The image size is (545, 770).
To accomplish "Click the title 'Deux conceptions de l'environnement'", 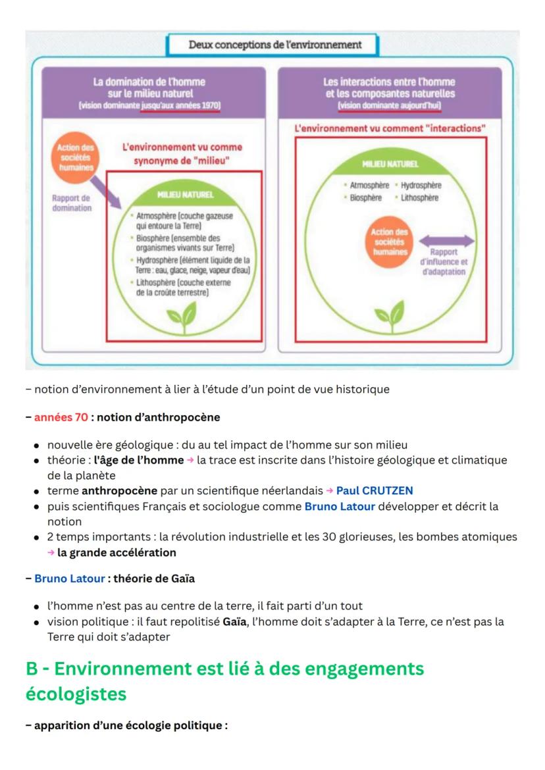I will [x=274, y=45].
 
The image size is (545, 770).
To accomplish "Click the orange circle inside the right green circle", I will [x=390, y=243].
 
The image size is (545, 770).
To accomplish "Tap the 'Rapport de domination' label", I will [x=72, y=203].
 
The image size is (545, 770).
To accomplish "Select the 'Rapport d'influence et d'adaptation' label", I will [x=445, y=262].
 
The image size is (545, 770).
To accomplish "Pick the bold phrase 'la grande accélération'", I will [x=117, y=553].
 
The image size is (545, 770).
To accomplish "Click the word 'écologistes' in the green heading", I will [x=76, y=694].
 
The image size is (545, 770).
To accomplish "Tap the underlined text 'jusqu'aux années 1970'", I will [x=180, y=105].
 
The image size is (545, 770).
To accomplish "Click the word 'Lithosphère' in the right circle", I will [x=419, y=197].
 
